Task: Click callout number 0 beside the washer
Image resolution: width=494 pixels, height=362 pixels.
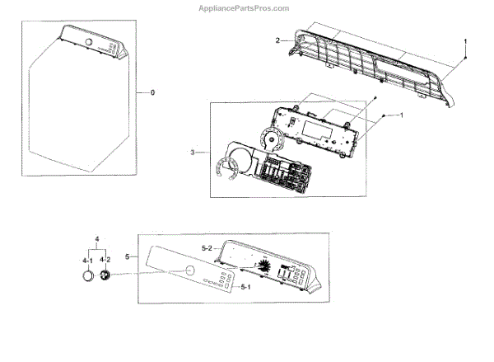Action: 151,92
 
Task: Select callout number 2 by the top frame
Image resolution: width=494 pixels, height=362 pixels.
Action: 278,40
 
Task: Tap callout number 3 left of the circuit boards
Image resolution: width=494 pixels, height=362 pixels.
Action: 193,153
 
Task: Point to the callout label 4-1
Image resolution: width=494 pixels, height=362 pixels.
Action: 86,261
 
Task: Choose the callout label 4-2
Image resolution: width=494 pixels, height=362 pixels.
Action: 105,261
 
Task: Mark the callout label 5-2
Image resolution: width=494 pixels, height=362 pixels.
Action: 207,247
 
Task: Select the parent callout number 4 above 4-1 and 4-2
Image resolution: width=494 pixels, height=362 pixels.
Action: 96,240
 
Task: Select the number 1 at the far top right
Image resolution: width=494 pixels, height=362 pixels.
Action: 465,41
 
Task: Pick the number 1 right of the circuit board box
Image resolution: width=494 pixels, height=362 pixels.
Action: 400,115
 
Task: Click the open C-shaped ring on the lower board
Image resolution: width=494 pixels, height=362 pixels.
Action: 226,169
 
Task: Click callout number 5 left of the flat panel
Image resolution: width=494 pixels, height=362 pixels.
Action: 128,257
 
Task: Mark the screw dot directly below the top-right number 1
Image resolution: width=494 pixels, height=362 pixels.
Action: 465,61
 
